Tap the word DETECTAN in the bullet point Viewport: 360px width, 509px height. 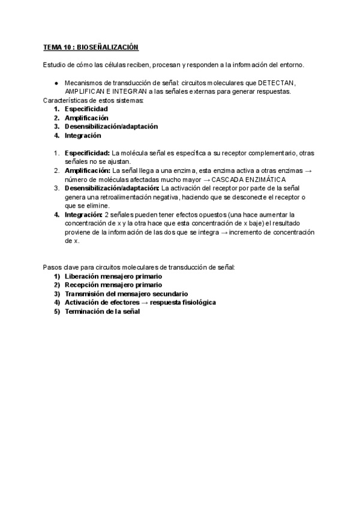pyautogui.click(x=277, y=83)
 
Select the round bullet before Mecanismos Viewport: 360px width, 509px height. pyautogui.click(x=55, y=83)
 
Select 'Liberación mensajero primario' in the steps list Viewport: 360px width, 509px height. pyautogui.click(x=113, y=276)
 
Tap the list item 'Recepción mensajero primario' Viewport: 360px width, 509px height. pyautogui.click(x=113, y=285)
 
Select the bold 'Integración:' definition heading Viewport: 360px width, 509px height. pyautogui.click(x=83, y=214)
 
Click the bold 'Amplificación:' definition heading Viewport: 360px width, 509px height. pyautogui.click(x=88, y=171)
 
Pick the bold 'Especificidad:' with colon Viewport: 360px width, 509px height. pyautogui.click(x=87, y=153)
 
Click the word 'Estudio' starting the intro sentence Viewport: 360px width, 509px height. pyautogui.click(x=55, y=65)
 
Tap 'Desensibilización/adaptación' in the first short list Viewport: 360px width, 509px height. pyautogui.click(x=111, y=127)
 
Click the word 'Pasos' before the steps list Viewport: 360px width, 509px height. pyautogui.click(x=53, y=267)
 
